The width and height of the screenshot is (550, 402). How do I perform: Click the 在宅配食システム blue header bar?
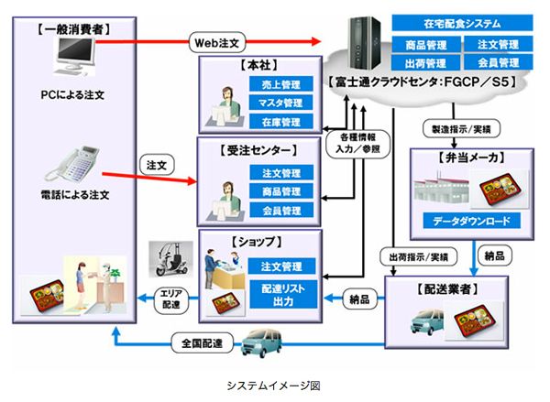[x=456, y=22]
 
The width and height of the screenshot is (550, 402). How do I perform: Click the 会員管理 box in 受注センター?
[x=281, y=211]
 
